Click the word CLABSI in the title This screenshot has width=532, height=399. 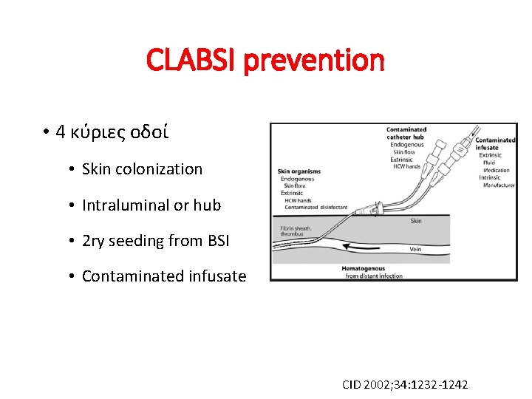coord(192,60)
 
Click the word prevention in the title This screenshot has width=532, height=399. coord(314,60)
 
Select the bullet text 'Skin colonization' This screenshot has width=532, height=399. coord(142,168)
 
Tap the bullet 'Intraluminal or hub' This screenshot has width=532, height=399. coord(151,205)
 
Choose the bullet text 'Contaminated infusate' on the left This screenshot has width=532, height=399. coord(164,276)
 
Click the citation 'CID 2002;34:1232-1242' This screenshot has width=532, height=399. coord(405,384)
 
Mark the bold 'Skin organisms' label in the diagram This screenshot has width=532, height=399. coord(300,172)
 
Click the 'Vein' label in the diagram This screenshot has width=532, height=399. coord(416,249)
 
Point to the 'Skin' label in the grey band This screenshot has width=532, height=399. coord(416,221)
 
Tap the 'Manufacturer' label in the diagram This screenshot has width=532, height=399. coord(499,185)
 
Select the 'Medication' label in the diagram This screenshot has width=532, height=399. coord(497,170)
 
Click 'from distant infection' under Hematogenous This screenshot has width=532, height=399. coord(373,276)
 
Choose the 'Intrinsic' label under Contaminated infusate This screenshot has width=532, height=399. coord(490,177)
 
